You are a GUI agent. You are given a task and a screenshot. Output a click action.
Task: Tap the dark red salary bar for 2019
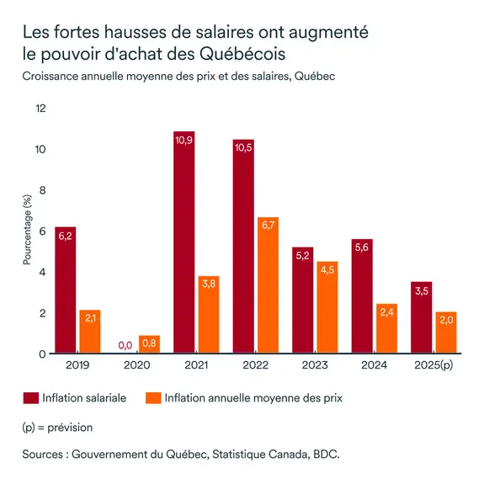click(65, 290)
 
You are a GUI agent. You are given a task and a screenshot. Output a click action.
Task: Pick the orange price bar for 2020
click(149, 344)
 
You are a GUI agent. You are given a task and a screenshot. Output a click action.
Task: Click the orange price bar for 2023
click(327, 307)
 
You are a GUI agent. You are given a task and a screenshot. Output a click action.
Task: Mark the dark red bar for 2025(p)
click(422, 317)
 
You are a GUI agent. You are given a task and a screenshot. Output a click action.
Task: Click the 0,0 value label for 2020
click(125, 344)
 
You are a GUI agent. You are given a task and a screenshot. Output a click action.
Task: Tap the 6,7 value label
click(268, 226)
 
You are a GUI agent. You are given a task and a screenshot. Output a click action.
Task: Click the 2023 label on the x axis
click(316, 366)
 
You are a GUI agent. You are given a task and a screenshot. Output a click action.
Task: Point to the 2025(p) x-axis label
click(434, 366)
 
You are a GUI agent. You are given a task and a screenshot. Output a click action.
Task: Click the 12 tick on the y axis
click(40, 109)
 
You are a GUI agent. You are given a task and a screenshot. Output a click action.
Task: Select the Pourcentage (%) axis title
click(27, 231)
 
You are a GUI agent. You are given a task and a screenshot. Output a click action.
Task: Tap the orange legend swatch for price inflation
click(153, 397)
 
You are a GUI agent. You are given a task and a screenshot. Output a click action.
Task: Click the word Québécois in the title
click(243, 55)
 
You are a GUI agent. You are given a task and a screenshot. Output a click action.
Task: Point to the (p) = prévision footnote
click(57, 427)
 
